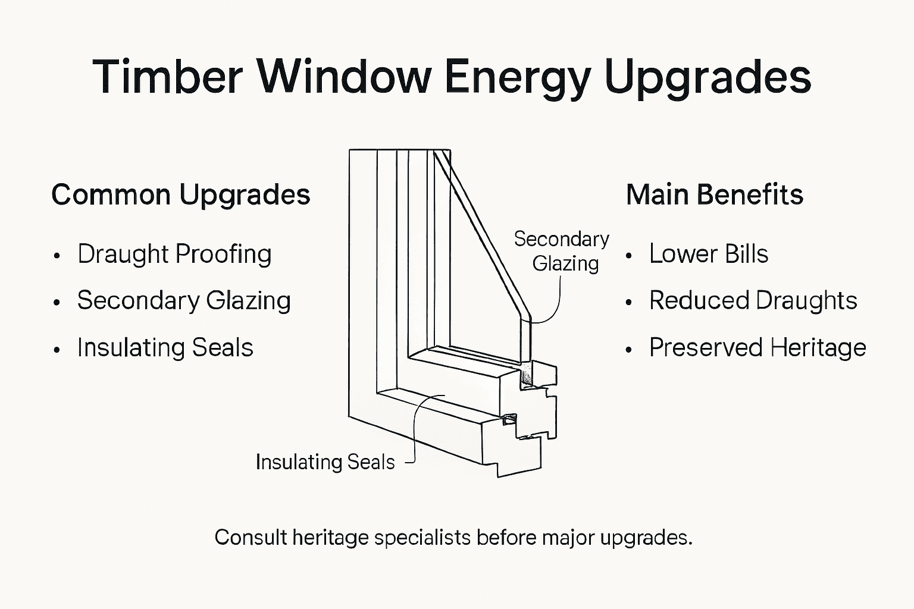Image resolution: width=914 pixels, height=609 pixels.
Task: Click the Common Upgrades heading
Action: click(181, 195)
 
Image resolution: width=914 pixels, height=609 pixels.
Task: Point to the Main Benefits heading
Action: click(715, 195)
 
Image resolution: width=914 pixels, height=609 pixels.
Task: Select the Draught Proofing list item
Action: click(174, 254)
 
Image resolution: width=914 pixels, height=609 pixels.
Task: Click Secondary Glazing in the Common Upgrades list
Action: click(184, 301)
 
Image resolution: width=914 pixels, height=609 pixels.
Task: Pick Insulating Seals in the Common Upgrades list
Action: click(165, 348)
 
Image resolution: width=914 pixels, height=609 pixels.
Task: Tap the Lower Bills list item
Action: click(709, 254)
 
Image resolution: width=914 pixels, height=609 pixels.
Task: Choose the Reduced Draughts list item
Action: click(753, 301)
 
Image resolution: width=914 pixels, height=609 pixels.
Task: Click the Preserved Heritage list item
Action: click(758, 348)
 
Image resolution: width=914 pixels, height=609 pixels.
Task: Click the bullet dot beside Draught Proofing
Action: click(57, 256)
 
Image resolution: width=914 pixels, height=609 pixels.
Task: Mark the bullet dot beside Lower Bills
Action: click(629, 256)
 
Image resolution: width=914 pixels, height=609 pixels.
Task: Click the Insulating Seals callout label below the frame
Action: click(325, 462)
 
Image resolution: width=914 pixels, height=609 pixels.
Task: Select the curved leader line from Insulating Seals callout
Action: click(417, 428)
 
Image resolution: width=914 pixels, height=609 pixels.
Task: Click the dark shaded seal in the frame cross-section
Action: click(526, 376)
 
